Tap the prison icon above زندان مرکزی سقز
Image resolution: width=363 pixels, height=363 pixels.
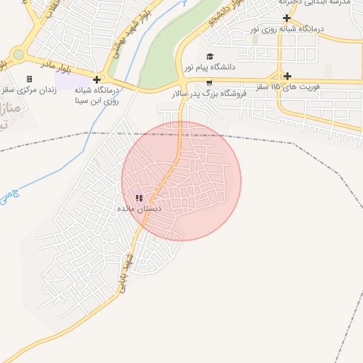[x=29, y=79]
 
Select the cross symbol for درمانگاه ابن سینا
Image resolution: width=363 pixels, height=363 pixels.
[x=96, y=79]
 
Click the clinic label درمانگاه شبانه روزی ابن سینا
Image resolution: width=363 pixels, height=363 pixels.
[x=96, y=96]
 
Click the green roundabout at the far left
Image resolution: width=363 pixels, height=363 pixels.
[x=18, y=55]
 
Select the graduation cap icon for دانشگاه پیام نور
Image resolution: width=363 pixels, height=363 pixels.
[x=209, y=57]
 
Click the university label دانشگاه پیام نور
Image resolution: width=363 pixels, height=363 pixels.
[x=208, y=67]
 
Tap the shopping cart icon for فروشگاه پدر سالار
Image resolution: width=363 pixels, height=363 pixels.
[x=208, y=82]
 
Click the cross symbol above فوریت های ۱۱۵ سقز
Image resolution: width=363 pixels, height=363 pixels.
[x=287, y=76]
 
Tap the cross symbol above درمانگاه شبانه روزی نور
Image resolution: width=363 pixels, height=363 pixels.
[x=286, y=18]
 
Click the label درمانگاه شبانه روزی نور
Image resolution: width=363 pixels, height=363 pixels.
[x=287, y=29]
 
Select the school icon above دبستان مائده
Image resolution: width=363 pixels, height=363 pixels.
[x=139, y=198]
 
